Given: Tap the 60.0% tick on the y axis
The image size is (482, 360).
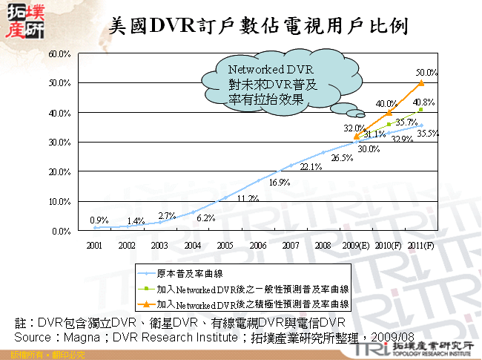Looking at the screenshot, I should pyautogui.click(x=59, y=54).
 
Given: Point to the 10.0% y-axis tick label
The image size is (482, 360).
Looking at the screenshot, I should pyautogui.click(x=59, y=202).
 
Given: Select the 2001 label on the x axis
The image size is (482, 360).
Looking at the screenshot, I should pyautogui.click(x=94, y=245).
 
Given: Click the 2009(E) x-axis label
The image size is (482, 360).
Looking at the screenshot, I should pyautogui.click(x=355, y=245).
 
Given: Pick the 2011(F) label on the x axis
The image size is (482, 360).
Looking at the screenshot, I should pyautogui.click(x=420, y=245).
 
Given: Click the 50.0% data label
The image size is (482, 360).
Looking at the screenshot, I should pyautogui.click(x=426, y=73).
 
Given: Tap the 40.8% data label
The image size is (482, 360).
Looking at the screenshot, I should pyautogui.click(x=424, y=102).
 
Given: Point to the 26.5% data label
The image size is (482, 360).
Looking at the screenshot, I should pyautogui.click(x=342, y=159).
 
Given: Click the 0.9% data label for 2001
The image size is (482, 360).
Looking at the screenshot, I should pyautogui.click(x=99, y=220).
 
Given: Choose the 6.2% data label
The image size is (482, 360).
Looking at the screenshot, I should pyautogui.click(x=206, y=218).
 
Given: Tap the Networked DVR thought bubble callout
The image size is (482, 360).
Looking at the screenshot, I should pyautogui.click(x=272, y=85).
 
